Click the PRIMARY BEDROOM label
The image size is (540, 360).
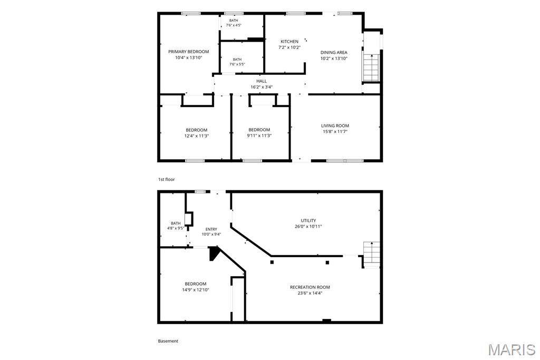(x=188, y=52)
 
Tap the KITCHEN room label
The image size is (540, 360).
(x=290, y=41)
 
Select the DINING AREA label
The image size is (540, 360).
(x=334, y=52)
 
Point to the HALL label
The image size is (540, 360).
(x=262, y=81)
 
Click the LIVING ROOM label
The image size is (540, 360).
(x=335, y=125)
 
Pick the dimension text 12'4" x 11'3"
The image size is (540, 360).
(x=196, y=136)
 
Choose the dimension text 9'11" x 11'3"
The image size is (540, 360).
(x=259, y=135)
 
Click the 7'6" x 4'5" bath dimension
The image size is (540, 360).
(x=234, y=25)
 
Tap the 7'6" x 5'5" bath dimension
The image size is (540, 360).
(x=237, y=64)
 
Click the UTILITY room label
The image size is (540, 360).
(x=308, y=221)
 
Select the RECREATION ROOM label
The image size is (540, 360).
(x=310, y=287)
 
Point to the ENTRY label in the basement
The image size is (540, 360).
(x=211, y=229)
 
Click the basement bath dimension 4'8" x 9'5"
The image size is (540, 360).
(x=175, y=228)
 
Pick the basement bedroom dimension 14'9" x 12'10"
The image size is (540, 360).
(x=195, y=290)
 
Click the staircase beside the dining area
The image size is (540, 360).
(x=371, y=68)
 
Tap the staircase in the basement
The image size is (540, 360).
(x=372, y=255)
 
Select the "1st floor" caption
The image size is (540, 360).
(x=166, y=179)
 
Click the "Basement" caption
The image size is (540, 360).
(x=168, y=341)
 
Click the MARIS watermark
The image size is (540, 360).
(x=512, y=349)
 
